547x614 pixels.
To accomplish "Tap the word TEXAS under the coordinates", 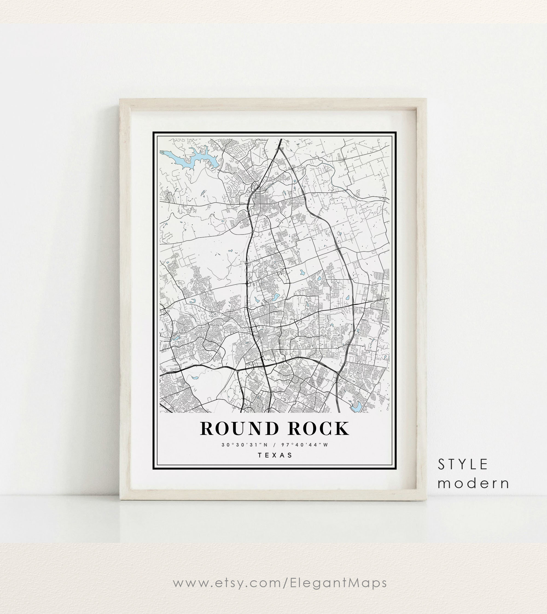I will (x=275, y=455).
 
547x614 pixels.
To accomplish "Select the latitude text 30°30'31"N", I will (x=245, y=445).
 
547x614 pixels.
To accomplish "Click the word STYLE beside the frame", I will (x=462, y=465).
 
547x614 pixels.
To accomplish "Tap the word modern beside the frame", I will (x=473, y=483).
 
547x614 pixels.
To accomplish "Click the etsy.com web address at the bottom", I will (x=280, y=583).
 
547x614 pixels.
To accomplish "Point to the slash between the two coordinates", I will (x=274, y=445).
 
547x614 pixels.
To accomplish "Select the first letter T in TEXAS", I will (x=260, y=455).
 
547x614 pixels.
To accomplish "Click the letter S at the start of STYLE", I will (x=441, y=465).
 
